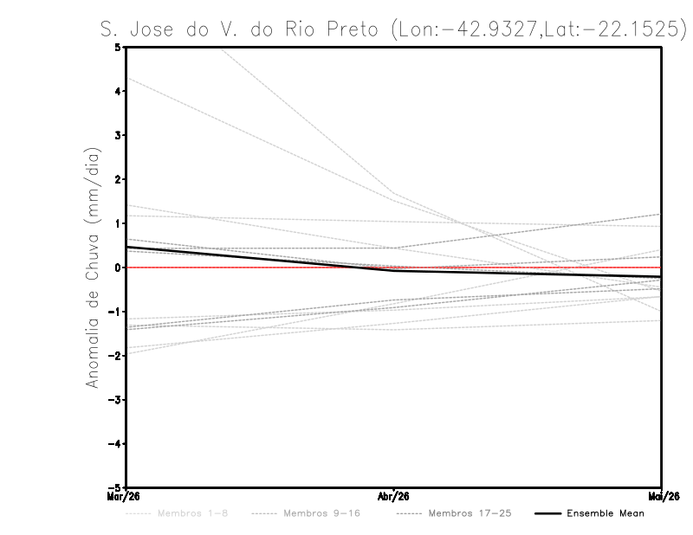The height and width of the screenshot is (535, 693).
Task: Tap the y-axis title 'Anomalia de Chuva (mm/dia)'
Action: [91, 268]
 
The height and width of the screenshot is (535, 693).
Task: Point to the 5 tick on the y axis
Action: [118, 47]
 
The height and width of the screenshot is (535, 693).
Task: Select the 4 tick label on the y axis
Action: [118, 91]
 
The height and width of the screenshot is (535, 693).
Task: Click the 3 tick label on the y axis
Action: [118, 135]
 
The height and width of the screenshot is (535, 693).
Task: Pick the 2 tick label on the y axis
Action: [118, 179]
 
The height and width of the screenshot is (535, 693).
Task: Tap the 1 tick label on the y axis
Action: [118, 223]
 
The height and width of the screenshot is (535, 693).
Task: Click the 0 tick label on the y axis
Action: [118, 267]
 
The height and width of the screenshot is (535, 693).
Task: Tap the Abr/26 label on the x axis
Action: [394, 497]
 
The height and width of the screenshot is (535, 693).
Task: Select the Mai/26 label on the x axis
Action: [662, 497]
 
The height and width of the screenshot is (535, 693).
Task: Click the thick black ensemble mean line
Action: [260, 258]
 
